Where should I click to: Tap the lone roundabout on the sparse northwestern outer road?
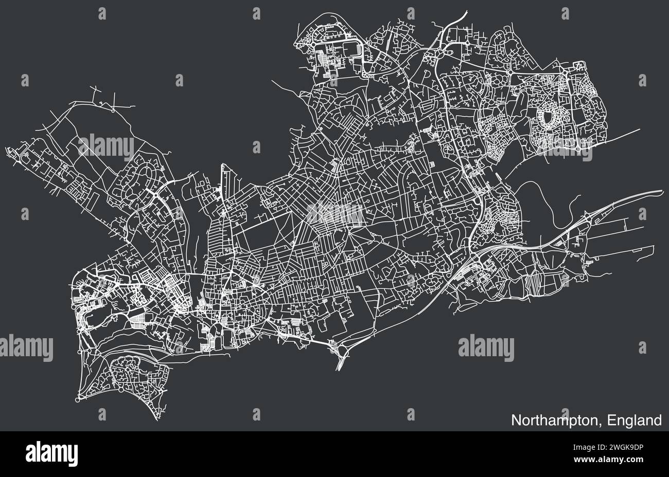tap(113, 109)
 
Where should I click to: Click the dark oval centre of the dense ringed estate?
tap(550, 119)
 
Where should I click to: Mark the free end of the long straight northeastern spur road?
tap(640, 129)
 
